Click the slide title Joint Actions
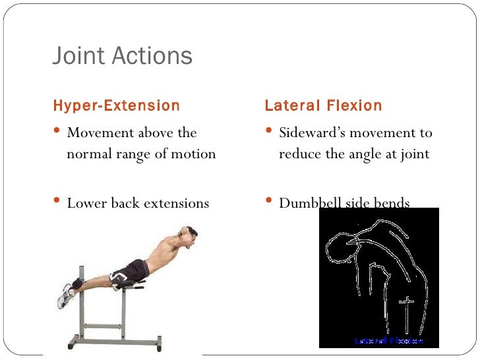(122, 57)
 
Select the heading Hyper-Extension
(116, 105)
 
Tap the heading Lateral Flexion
(323, 105)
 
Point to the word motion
(193, 154)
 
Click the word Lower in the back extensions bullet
(86, 202)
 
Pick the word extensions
(176, 202)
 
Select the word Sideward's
(312, 133)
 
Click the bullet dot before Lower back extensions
(57, 201)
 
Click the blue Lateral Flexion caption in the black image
(388, 341)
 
